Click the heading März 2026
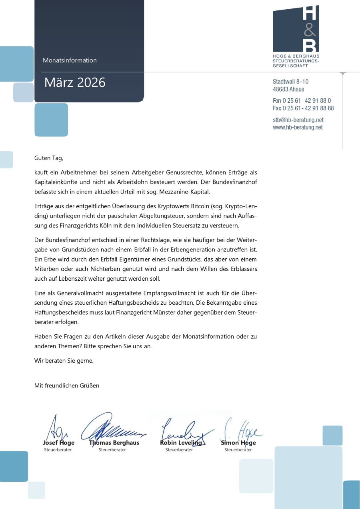tap(75, 82)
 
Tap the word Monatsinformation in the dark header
tap(70, 60)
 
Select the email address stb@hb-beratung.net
tap(298, 120)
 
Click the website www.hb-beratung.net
tap(298, 127)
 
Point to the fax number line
tap(303, 108)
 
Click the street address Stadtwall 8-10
tap(290, 82)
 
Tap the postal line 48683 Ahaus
tap(288, 89)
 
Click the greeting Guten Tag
tap(49, 158)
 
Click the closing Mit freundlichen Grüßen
tap(67, 385)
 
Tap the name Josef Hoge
tap(58, 443)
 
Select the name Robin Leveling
tap(181, 443)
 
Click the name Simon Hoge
tap(238, 443)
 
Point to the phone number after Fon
tap(307, 100)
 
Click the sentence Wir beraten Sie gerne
tap(64, 361)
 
